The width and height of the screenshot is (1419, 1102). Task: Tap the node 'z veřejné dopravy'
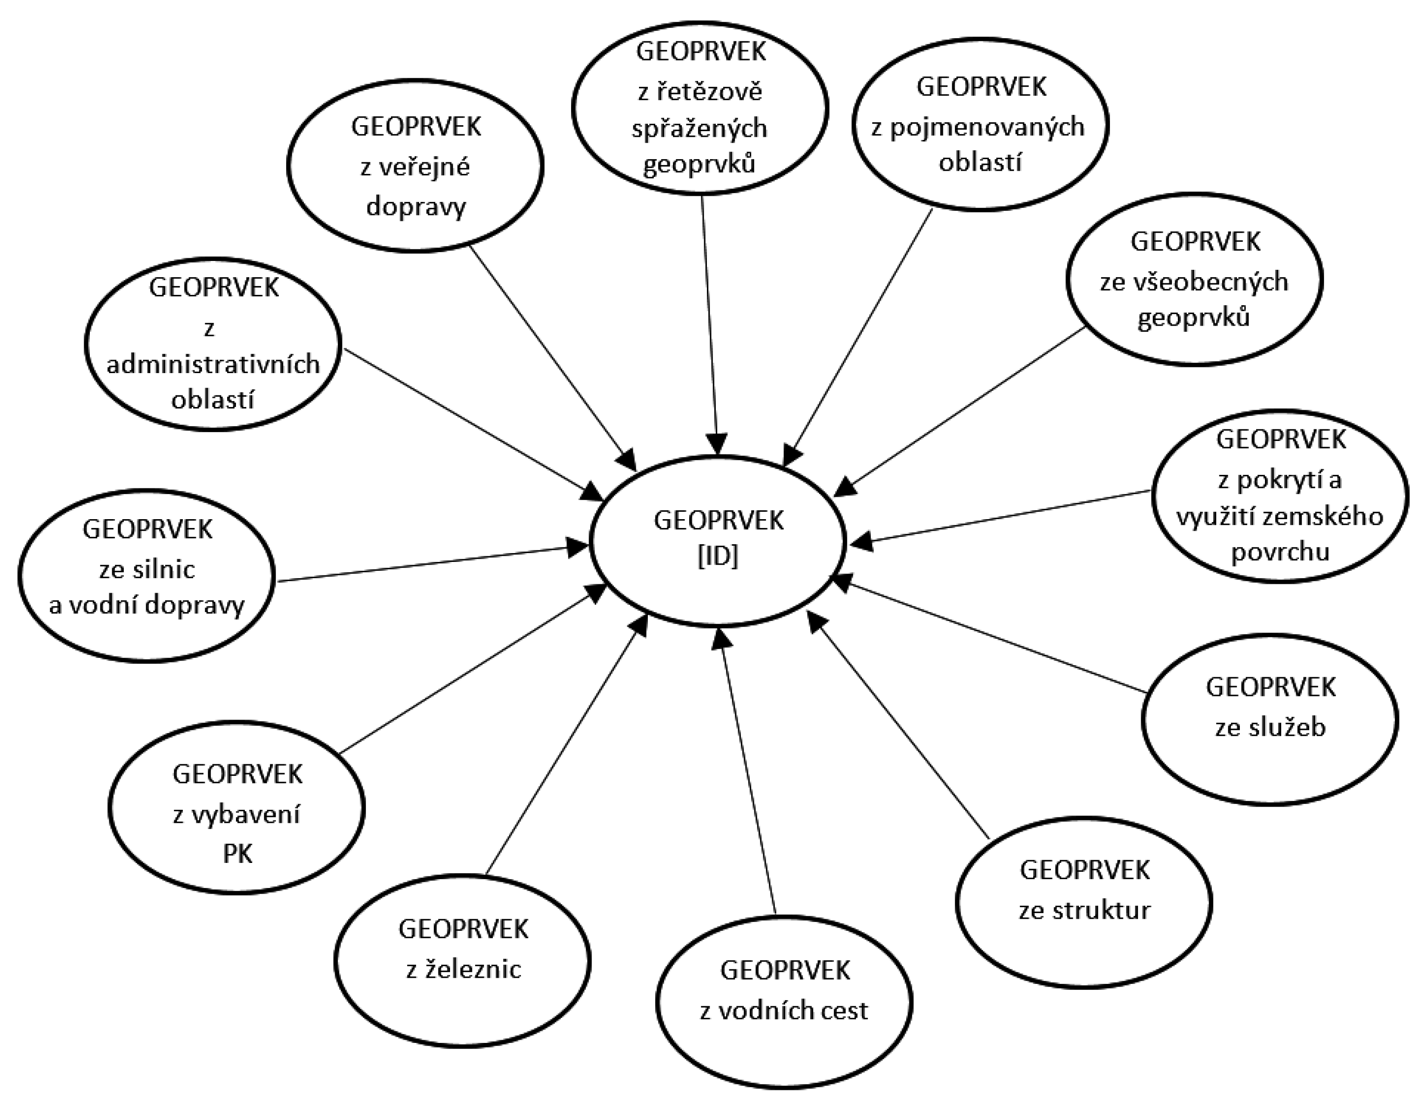(x=415, y=166)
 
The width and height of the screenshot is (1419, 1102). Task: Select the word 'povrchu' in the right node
(x=1280, y=552)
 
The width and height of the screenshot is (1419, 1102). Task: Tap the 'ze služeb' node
(x=1270, y=720)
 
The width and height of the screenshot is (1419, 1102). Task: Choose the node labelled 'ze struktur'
(x=1084, y=902)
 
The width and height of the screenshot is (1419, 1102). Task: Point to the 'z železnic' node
(x=463, y=961)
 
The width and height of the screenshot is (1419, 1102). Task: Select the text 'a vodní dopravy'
(x=147, y=605)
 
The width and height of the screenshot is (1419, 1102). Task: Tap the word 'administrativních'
(x=213, y=364)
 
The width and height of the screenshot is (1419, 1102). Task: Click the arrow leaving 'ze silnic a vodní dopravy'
(x=429, y=564)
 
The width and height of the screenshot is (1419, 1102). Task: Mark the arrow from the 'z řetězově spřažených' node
(x=709, y=325)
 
